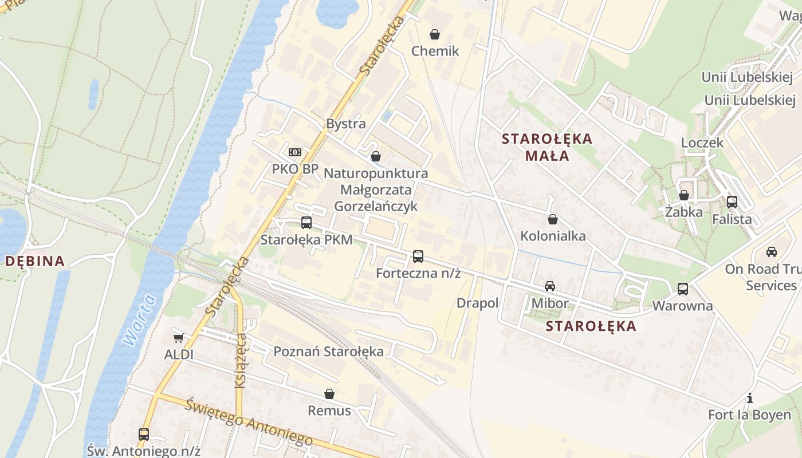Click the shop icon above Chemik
435,34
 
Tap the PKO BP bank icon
295,152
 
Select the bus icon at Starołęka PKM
306,223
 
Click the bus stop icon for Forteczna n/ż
418,256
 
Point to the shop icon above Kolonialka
553,219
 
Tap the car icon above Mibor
550,286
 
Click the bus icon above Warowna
682,289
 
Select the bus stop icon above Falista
732,202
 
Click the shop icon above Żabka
683,195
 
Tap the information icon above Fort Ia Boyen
749,398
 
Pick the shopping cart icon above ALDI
178,338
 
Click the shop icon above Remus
329,394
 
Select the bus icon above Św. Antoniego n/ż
143,435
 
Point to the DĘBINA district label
35,261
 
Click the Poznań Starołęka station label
328,351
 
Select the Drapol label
477,303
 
